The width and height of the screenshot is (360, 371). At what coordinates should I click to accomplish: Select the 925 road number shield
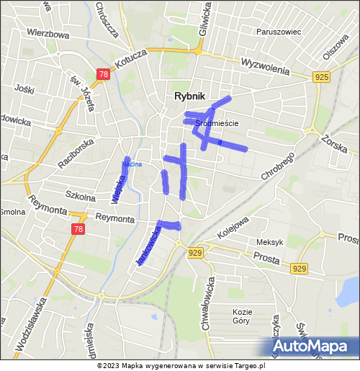point(322,77)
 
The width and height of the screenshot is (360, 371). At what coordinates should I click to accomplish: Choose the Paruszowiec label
point(278,32)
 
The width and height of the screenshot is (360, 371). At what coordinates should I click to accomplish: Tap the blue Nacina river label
point(132,164)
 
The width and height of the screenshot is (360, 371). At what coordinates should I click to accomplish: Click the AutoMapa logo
point(316,347)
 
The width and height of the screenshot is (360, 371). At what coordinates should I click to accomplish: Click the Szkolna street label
point(80,196)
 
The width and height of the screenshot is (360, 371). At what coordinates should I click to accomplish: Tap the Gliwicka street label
point(207,17)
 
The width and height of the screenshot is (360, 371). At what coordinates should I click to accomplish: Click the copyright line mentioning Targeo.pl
point(187,365)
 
